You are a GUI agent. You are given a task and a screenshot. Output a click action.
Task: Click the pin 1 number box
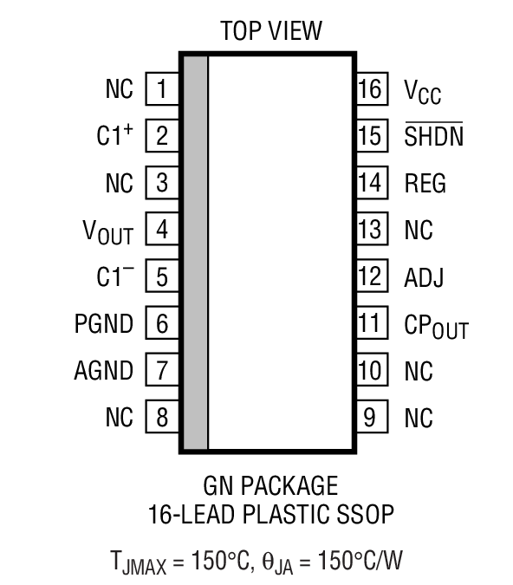click(x=161, y=89)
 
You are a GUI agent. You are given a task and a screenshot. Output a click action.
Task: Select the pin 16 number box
click(x=370, y=89)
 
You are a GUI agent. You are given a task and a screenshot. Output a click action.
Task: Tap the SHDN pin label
click(x=433, y=137)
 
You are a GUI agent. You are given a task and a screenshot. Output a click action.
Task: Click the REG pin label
click(x=425, y=184)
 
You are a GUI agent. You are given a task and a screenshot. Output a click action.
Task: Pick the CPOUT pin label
click(x=436, y=326)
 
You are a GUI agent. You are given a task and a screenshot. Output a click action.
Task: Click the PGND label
click(x=104, y=324)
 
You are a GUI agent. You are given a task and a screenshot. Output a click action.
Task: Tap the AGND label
click(x=104, y=371)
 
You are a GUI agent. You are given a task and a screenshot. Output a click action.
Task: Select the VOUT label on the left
click(x=108, y=231)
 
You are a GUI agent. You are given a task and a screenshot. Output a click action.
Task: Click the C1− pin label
click(x=114, y=276)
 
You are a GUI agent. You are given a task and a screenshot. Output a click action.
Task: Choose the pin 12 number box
click(x=370, y=276)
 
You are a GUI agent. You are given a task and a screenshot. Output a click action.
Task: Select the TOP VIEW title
click(x=270, y=32)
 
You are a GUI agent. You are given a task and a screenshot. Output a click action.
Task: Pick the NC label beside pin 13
click(x=419, y=231)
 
